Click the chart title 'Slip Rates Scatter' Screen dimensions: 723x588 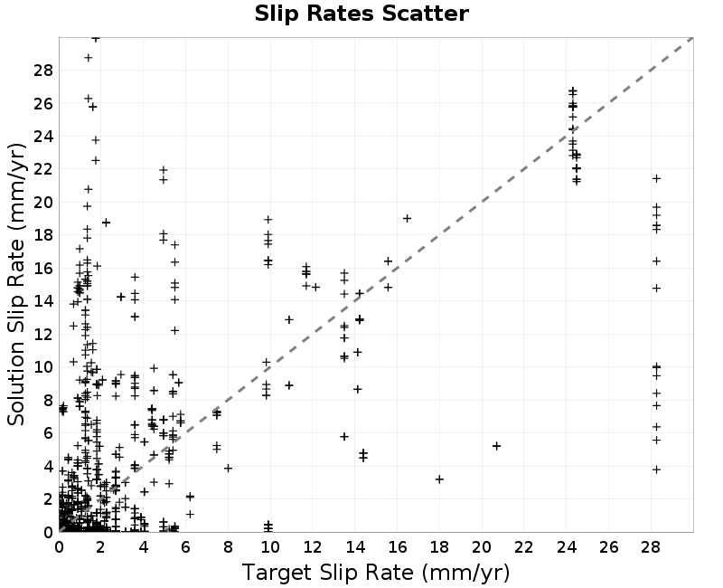coord(361,14)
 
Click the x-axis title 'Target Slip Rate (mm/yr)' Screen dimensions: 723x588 coord(376,574)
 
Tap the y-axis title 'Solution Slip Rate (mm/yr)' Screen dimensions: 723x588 coord(16,285)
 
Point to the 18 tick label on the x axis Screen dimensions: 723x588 coord(439,547)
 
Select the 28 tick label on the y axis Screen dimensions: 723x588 coord(43,71)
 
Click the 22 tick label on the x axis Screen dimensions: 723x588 coord(524,547)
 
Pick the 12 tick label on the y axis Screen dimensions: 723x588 coord(43,334)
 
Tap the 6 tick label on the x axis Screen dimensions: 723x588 coord(186,547)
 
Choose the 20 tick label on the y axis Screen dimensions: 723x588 coord(43,203)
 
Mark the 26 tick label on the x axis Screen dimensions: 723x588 coord(608,547)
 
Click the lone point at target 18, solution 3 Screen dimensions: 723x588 coord(439,479)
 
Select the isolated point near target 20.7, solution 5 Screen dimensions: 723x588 coord(496,446)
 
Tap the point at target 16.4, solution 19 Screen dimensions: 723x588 coord(407,219)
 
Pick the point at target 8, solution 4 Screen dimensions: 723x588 coord(228,469)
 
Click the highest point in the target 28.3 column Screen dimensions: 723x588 coord(657,178)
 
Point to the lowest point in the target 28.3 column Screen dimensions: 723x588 coord(657,469)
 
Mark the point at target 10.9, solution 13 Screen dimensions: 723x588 coord(289,319)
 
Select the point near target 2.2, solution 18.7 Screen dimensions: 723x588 coord(106,223)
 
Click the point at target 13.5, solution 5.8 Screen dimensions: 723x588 coord(344,437)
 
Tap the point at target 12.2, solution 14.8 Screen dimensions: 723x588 coord(315,288)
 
